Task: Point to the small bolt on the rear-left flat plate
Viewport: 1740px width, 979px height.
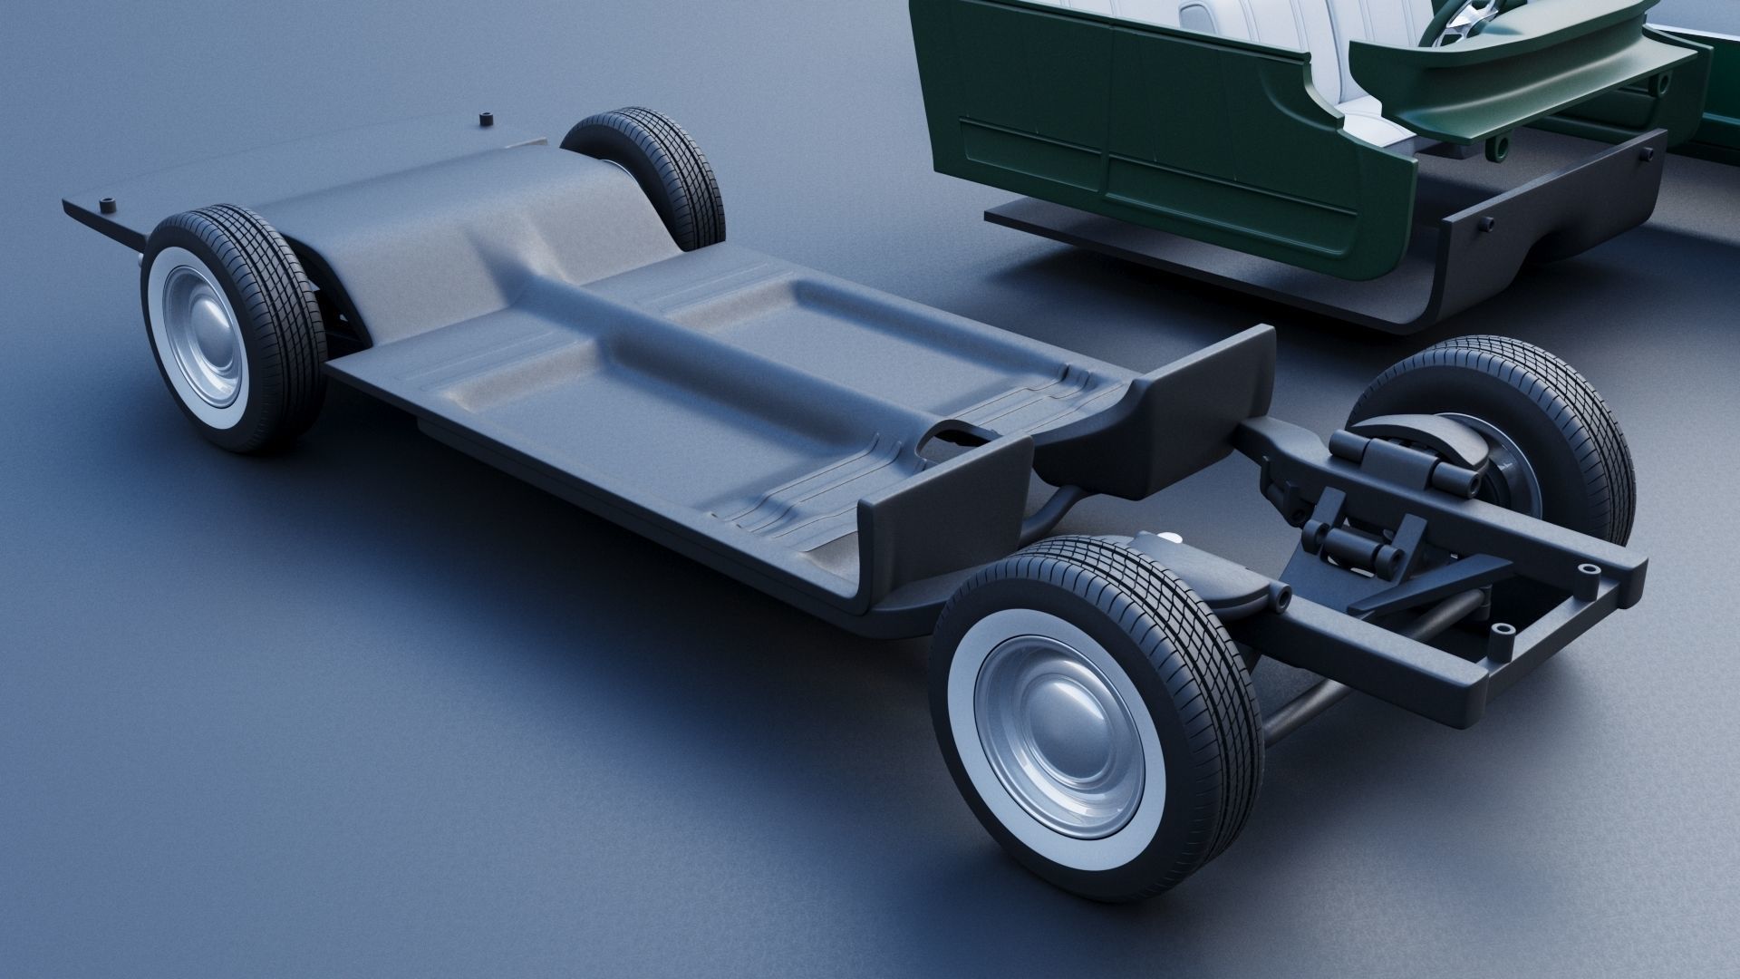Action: pyautogui.click(x=110, y=203)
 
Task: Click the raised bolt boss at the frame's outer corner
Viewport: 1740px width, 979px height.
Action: pyautogui.click(x=1589, y=568)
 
